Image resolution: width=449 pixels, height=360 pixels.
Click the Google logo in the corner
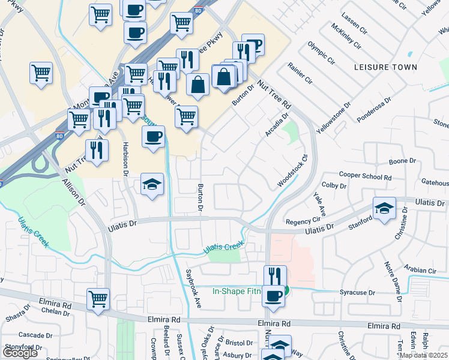coord(20,353)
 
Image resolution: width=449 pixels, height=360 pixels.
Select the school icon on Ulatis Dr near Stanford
coord(384,208)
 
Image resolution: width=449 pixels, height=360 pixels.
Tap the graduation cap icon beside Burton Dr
coord(152,184)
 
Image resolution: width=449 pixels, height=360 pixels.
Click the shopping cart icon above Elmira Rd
coord(98,299)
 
